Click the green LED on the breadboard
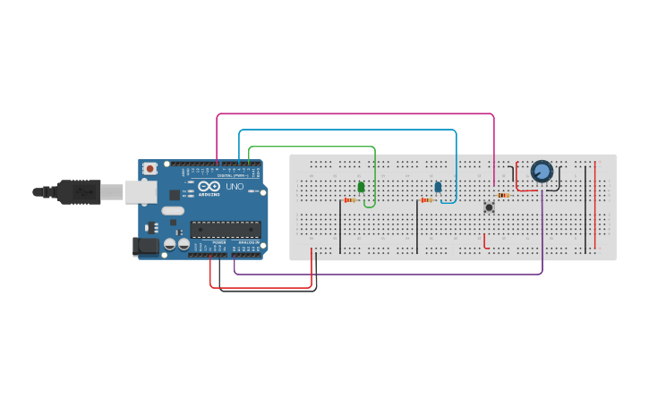(361, 187)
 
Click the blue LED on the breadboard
(438, 187)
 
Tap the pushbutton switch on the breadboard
(489, 207)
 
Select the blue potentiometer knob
(542, 171)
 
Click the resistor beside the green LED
(350, 200)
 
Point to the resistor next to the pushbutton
(503, 195)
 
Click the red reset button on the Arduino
(151, 168)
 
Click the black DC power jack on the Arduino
(143, 247)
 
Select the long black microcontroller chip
(225, 230)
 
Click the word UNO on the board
(235, 198)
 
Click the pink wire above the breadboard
(358, 114)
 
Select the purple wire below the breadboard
(385, 273)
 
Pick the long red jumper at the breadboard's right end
(594, 206)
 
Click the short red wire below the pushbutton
(485, 242)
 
